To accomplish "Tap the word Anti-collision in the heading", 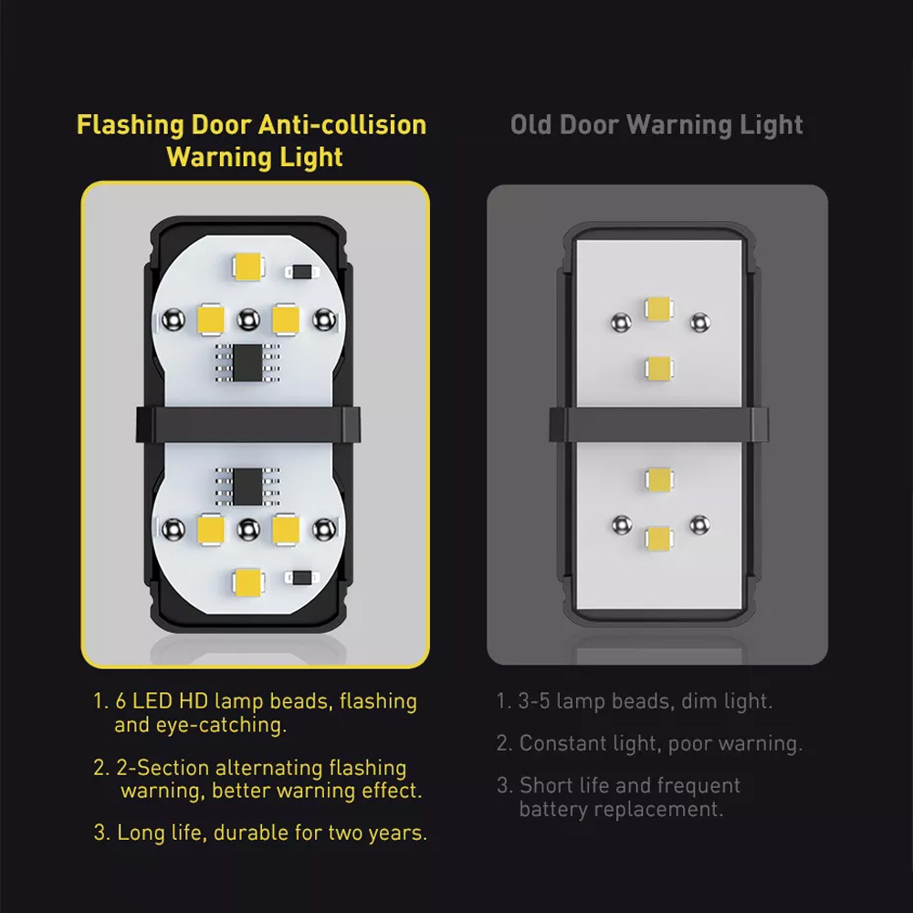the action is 342,124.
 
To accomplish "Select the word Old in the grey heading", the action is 531,124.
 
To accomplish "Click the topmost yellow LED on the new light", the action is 248,268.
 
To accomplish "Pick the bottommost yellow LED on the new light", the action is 248,582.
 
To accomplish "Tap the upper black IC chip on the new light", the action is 247,362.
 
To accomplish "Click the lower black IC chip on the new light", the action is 247,487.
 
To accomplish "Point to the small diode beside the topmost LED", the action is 302,272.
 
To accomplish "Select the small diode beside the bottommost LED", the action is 302,578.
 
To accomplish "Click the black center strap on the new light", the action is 248,425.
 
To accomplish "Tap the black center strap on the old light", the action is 658,425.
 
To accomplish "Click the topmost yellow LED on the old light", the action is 659,309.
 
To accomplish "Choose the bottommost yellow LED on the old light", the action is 659,538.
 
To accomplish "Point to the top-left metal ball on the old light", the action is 621,322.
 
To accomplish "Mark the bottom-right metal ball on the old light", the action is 700,525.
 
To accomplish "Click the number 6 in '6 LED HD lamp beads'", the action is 121,701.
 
